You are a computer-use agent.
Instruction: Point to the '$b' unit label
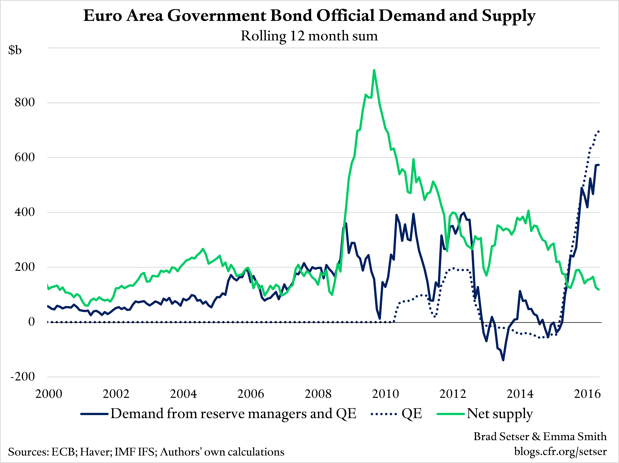[x=15, y=50]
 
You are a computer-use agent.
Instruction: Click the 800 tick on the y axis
[x=25, y=102]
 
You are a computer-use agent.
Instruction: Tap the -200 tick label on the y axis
[x=23, y=377]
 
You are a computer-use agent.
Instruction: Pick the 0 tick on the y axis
[x=31, y=322]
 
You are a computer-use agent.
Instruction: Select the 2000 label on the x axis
[x=49, y=394]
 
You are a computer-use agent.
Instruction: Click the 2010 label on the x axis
[x=385, y=394]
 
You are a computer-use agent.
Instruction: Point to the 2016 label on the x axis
[x=587, y=394]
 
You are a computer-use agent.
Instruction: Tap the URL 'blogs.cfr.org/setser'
[x=560, y=451]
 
